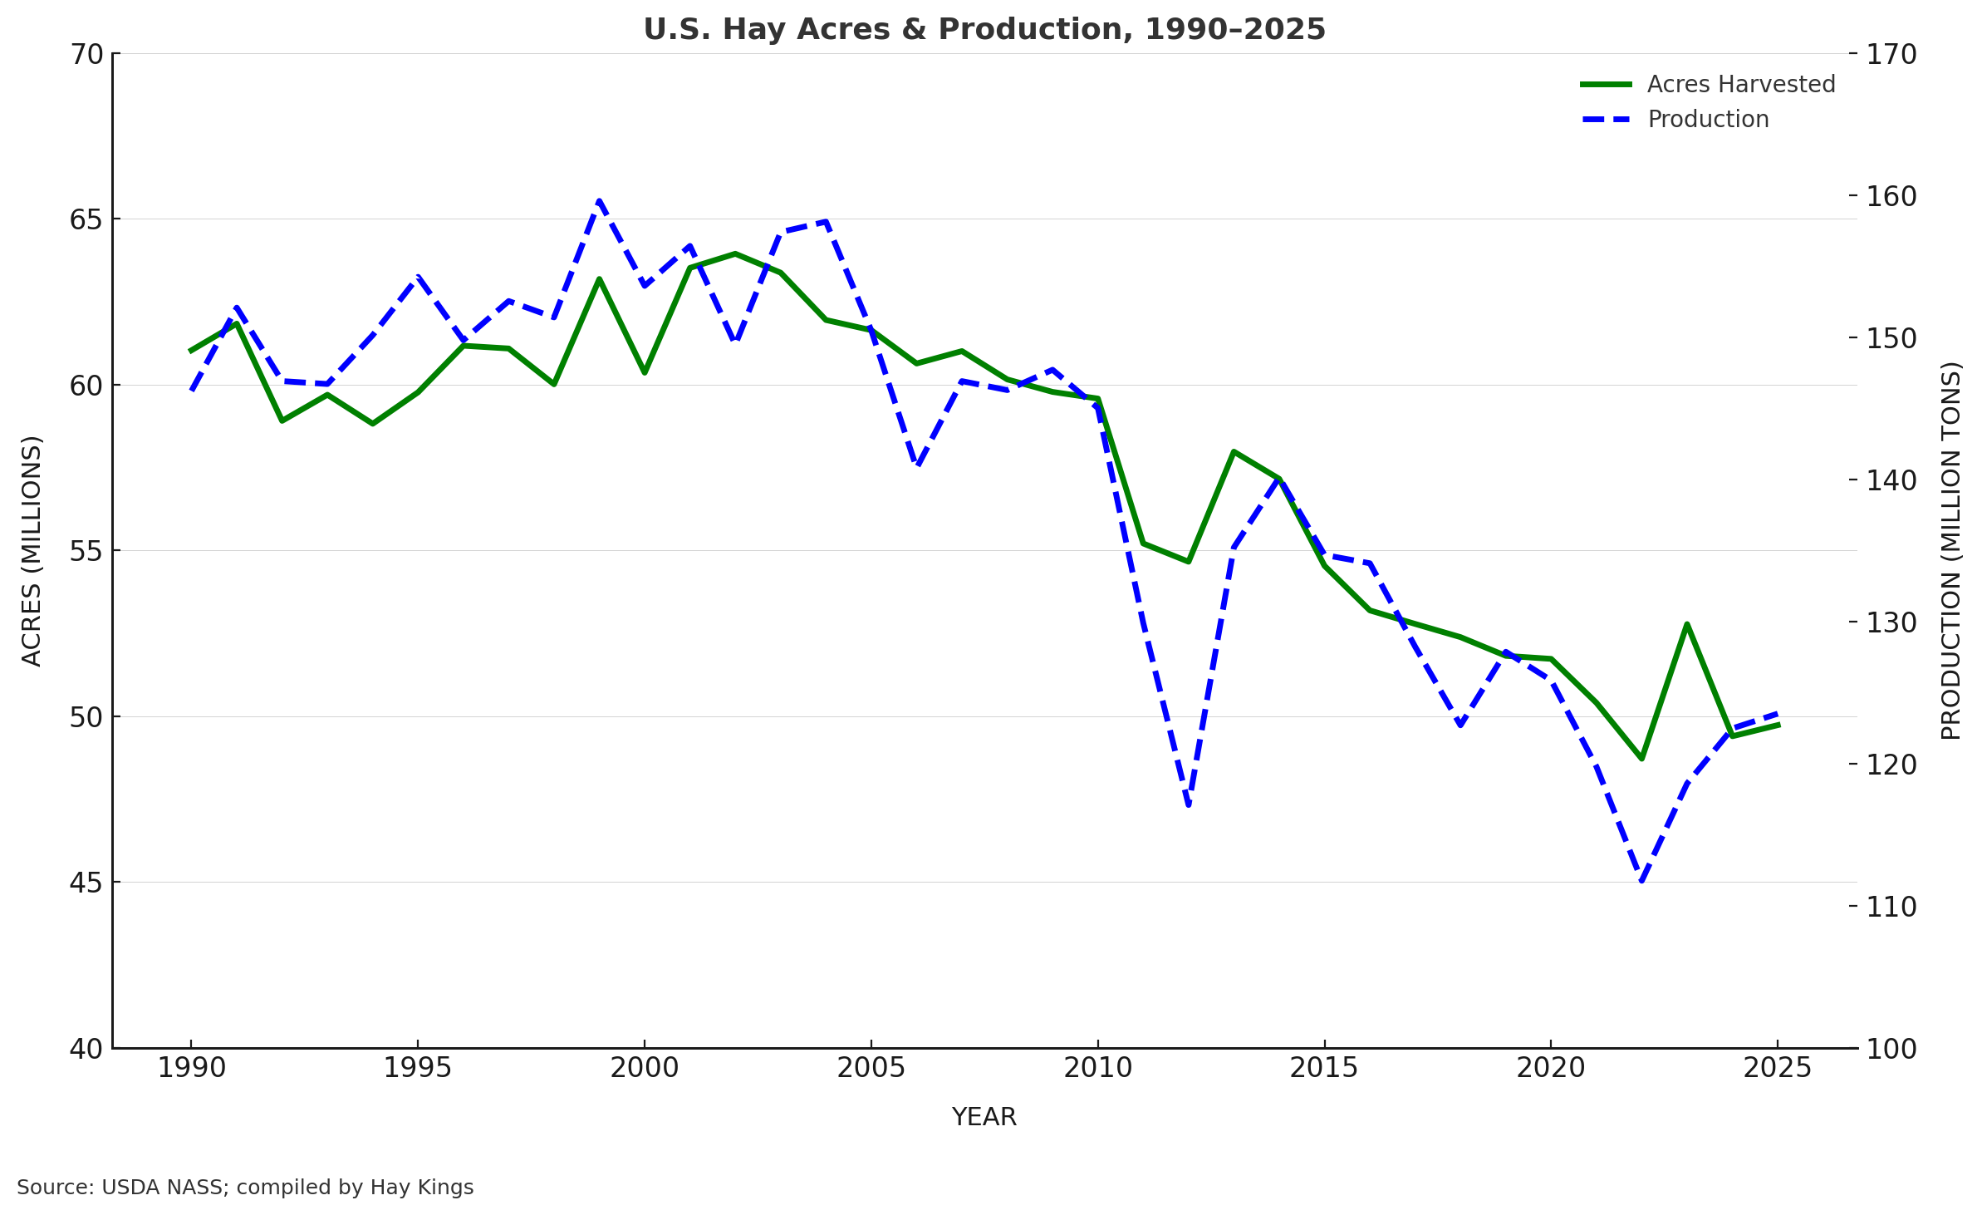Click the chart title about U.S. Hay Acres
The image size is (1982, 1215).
tap(984, 30)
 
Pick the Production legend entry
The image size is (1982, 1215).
tap(1707, 120)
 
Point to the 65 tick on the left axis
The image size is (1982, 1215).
tap(86, 220)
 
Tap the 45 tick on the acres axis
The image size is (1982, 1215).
tap(86, 883)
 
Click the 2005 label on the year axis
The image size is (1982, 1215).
tap(871, 1069)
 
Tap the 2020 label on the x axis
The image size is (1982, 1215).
tap(1550, 1069)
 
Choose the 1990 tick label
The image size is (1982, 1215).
tap(191, 1069)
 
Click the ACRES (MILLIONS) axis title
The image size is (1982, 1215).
tap(32, 551)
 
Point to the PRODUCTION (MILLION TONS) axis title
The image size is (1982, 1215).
tap(1950, 551)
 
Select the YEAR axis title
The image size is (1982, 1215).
tap(984, 1118)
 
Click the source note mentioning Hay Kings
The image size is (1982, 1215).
tap(245, 1188)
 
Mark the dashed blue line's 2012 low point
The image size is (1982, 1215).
tap(1189, 804)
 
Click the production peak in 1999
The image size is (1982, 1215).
tap(599, 201)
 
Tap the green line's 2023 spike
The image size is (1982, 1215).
tap(1687, 624)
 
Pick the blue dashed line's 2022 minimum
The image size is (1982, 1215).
tap(1641, 880)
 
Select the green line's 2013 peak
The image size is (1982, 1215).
tap(1234, 451)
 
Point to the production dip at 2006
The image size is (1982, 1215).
tap(917, 465)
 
